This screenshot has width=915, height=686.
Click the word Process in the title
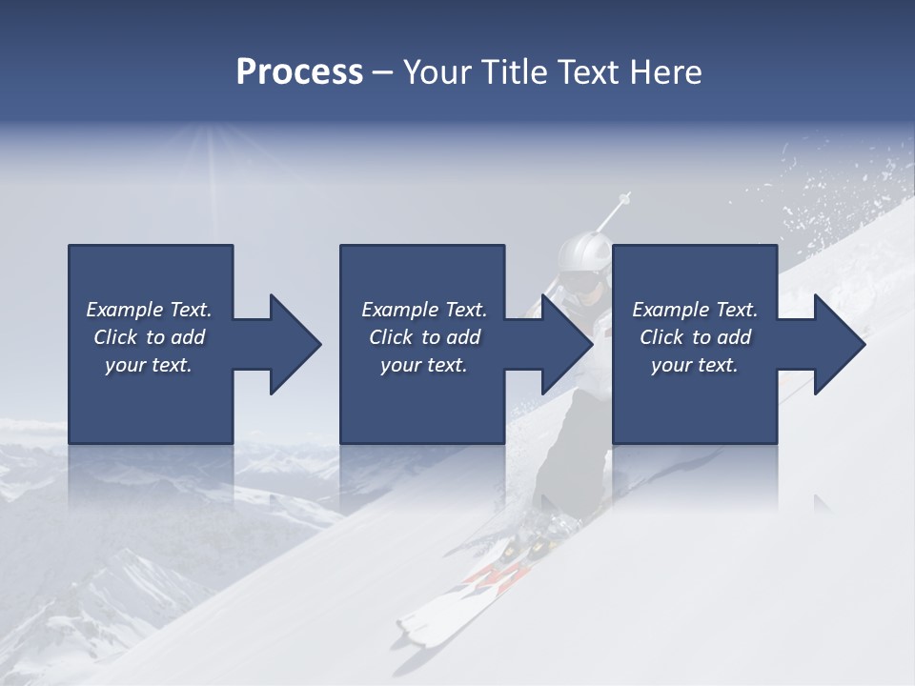299,72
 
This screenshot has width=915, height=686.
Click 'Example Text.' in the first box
149,310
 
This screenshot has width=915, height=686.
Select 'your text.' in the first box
149,365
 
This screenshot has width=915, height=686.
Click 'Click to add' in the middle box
424,337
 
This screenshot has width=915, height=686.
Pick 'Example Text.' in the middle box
424,310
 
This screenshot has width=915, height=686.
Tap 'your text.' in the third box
695,365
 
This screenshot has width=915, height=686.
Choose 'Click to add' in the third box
695,337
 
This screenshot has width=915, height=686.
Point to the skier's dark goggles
579,283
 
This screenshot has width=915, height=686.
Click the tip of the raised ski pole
625,198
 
